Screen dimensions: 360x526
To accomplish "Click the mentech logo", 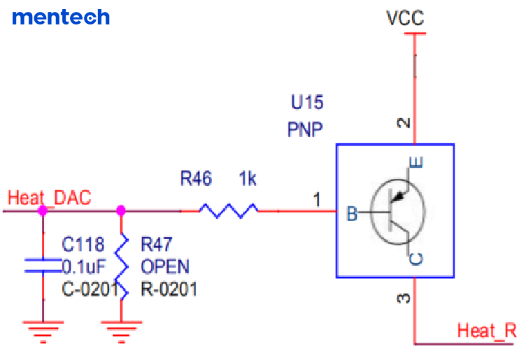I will click(x=61, y=17).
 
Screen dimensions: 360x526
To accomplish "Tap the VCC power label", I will click(x=405, y=18).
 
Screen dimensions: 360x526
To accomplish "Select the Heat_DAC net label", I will click(x=49, y=198).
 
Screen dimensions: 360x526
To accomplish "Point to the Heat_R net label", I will click(x=487, y=331).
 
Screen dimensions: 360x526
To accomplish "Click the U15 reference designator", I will click(x=307, y=103).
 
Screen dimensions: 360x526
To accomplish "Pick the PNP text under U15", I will click(x=305, y=129).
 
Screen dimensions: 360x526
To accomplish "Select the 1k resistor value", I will click(x=248, y=179).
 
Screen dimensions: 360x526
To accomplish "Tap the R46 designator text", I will click(x=196, y=179).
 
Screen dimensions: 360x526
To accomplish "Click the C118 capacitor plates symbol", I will click(x=43, y=265).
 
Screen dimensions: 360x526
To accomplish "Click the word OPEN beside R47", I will click(x=165, y=266).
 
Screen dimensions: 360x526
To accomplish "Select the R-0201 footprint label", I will click(x=169, y=288).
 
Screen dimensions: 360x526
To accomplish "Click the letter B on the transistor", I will click(x=353, y=214).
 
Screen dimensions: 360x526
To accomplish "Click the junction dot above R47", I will click(x=121, y=209).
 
